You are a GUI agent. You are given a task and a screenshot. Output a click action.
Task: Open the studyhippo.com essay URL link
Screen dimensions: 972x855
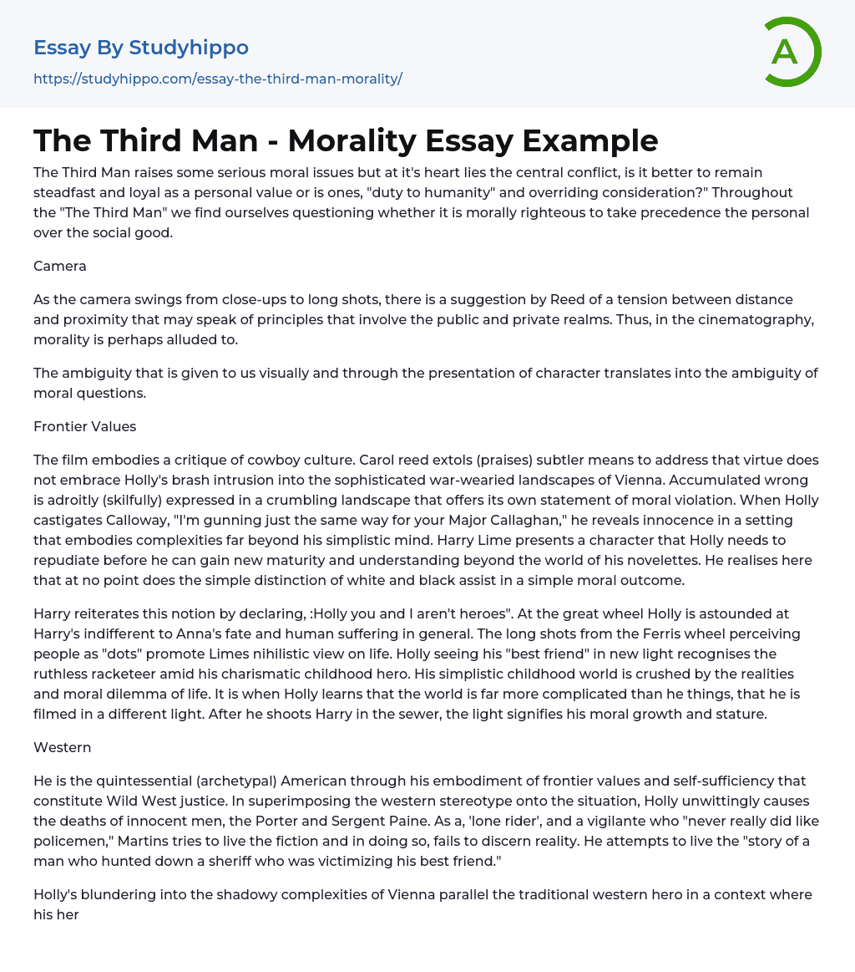(x=217, y=79)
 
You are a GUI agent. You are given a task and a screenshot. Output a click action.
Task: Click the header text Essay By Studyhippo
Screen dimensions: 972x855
(x=141, y=48)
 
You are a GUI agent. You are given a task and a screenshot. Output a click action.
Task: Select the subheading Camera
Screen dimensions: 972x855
(x=59, y=266)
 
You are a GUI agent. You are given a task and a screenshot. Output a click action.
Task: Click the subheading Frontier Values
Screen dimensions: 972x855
(x=84, y=426)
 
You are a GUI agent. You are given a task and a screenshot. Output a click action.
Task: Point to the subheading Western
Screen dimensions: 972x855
(x=62, y=747)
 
